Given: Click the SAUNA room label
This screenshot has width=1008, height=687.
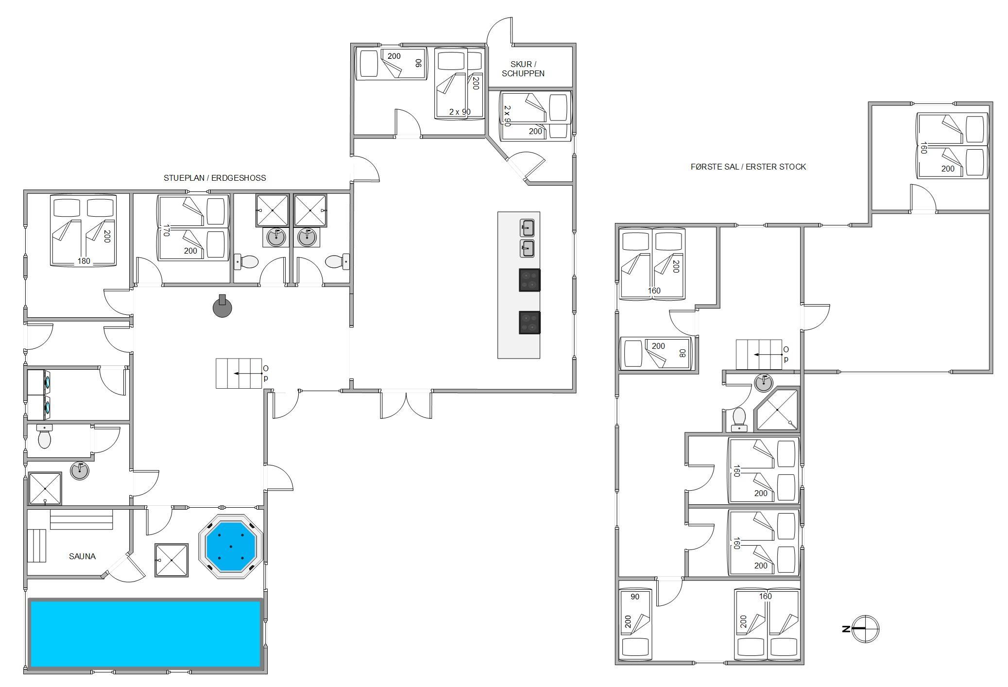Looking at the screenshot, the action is point(82,556).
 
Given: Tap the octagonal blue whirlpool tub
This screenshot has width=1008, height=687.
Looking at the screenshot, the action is point(231,547).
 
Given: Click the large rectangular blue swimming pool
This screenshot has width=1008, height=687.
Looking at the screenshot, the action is point(146,634).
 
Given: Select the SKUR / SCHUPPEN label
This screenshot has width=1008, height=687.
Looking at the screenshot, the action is point(523,69).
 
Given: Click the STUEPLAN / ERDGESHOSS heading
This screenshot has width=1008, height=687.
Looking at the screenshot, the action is point(215,178).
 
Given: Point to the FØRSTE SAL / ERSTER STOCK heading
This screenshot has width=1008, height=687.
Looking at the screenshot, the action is point(748,167).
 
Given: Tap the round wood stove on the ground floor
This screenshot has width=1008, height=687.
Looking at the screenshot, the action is point(222,306).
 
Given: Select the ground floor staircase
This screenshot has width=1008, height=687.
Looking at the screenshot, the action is point(239,373).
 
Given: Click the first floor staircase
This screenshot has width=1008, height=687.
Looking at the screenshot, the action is point(759,355).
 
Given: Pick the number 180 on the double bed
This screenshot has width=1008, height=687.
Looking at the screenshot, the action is point(84,261).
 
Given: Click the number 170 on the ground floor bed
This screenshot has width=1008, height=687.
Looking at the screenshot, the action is point(166,230).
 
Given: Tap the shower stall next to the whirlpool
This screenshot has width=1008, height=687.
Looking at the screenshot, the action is point(171,560).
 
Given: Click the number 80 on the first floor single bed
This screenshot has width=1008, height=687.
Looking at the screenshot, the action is point(683,353).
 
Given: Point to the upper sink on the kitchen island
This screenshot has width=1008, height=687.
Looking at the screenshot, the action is point(527,227).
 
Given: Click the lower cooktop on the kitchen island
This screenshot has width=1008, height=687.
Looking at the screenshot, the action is point(530,323).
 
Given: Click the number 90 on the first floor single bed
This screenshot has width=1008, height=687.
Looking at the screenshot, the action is point(635,597).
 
